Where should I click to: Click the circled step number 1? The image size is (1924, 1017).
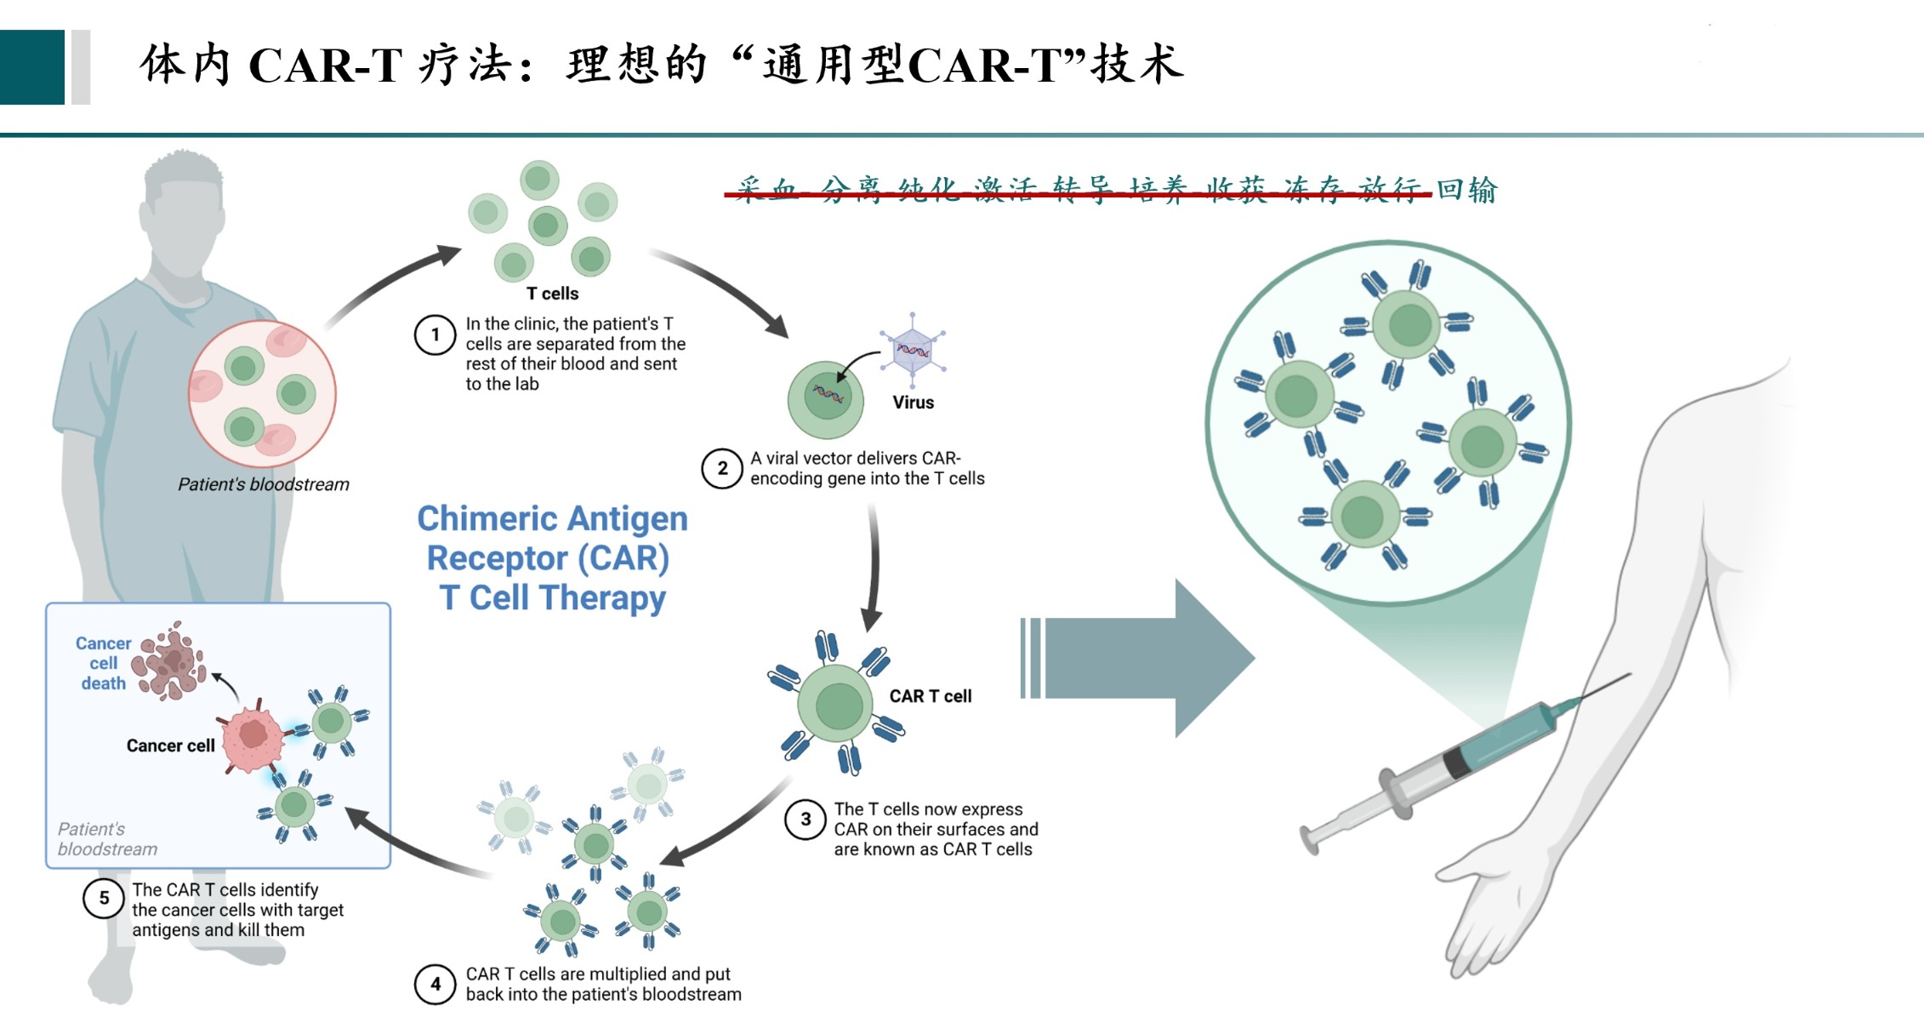pyautogui.click(x=435, y=334)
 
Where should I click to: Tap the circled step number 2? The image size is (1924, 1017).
pyautogui.click(x=721, y=468)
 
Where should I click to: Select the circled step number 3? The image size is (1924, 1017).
pyautogui.click(x=805, y=820)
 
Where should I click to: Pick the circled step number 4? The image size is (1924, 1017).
pyautogui.click(x=435, y=984)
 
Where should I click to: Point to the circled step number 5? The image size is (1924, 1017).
pyautogui.click(x=104, y=898)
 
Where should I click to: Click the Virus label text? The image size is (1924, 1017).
pyautogui.click(x=913, y=403)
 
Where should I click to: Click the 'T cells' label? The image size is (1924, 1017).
pyautogui.click(x=552, y=294)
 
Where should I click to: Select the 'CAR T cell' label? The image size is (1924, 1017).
pyautogui.click(x=930, y=696)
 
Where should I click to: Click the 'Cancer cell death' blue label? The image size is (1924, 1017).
pyautogui.click(x=103, y=663)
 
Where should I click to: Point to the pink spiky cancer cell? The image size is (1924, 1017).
pyautogui.click(x=253, y=735)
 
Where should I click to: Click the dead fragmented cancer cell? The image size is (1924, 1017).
pyautogui.click(x=173, y=662)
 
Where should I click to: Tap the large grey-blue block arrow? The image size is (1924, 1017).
pyautogui.click(x=1140, y=658)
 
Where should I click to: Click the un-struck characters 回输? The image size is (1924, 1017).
pyautogui.click(x=1466, y=189)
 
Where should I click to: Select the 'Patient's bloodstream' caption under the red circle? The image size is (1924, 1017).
pyautogui.click(x=263, y=484)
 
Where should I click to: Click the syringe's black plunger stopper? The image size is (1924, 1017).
pyautogui.click(x=1456, y=760)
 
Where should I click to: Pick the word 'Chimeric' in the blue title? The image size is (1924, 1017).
pyautogui.click(x=487, y=518)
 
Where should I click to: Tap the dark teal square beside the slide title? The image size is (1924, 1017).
pyautogui.click(x=32, y=67)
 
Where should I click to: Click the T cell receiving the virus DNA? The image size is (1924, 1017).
pyautogui.click(x=825, y=398)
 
